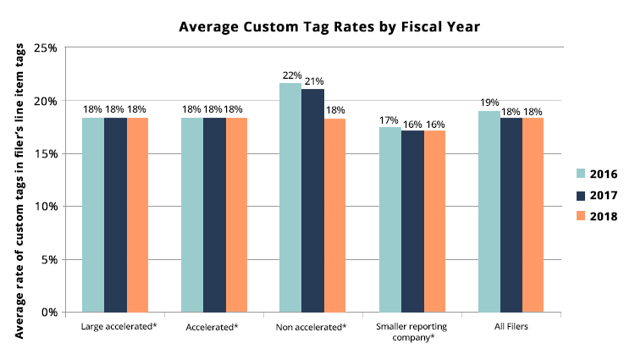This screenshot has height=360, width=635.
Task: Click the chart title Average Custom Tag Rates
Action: point(329,27)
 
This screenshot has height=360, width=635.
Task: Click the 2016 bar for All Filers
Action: point(489,211)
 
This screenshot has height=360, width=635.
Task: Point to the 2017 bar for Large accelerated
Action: point(115,215)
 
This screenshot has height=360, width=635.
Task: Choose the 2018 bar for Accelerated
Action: point(236,215)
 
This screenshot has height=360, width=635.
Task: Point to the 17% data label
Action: point(389,120)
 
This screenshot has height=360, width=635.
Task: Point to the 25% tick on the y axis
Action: point(47,48)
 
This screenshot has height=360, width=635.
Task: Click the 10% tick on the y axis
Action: point(47,207)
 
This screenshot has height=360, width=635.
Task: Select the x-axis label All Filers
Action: point(511,326)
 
